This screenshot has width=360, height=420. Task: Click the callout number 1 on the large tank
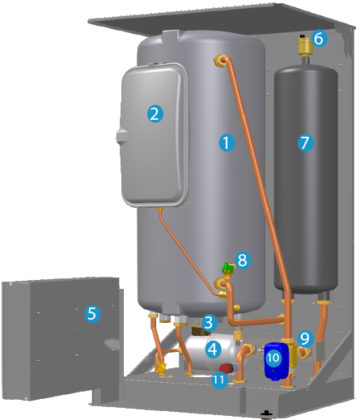227,143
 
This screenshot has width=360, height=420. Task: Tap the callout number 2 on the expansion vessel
155,114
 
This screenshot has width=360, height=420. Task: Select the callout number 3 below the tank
210,323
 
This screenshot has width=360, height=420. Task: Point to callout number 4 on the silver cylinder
214,350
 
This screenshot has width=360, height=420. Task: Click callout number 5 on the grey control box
92,314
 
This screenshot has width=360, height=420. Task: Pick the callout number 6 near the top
320,38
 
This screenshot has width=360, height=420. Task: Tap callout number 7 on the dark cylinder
306,143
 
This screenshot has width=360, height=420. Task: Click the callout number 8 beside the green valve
243,261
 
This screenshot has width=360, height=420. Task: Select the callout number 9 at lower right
306,338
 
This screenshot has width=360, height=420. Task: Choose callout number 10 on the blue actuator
273,358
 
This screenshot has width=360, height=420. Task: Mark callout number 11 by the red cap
219,380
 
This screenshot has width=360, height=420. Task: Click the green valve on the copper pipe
227,268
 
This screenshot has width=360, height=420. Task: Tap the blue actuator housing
276,362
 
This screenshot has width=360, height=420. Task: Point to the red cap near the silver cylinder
227,368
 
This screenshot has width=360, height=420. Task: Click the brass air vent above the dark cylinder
305,45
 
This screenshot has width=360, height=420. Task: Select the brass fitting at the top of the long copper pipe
220,61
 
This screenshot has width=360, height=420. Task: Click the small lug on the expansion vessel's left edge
121,136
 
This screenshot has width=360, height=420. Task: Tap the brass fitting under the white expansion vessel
160,209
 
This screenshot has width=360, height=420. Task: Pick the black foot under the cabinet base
266,414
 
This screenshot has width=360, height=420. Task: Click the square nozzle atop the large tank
170,36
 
